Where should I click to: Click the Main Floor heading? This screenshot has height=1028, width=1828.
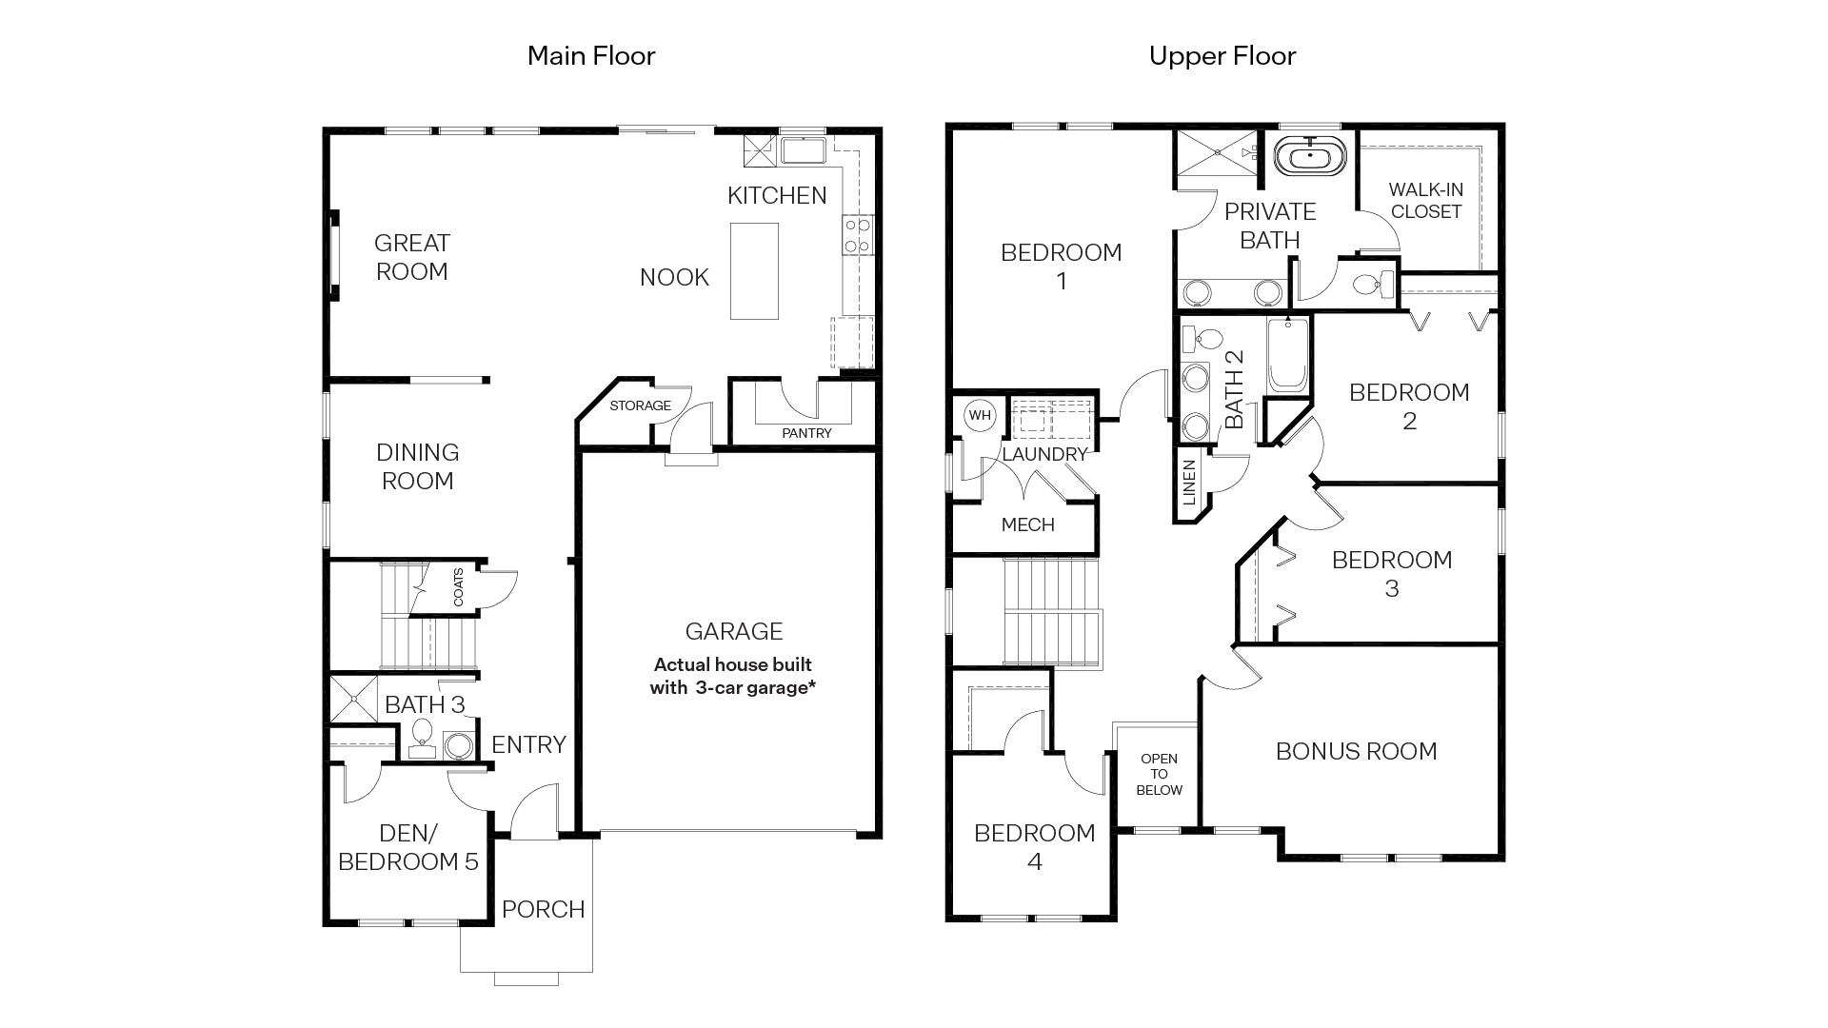(x=591, y=56)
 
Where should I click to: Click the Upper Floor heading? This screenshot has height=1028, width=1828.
(x=1222, y=56)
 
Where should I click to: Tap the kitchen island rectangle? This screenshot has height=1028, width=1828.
(x=754, y=271)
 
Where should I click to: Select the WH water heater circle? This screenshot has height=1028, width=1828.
(x=979, y=415)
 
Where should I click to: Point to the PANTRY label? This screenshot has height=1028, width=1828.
(x=806, y=433)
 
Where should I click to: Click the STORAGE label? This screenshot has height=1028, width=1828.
(x=640, y=405)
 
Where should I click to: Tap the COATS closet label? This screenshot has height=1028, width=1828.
(x=458, y=587)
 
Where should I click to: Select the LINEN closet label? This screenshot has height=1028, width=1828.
(x=1188, y=483)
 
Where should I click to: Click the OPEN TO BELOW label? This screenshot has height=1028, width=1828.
(x=1159, y=774)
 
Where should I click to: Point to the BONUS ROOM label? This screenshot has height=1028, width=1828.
(x=1356, y=751)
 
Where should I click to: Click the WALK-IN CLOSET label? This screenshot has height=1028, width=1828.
(x=1425, y=201)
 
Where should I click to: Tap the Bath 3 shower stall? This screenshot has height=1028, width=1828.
(x=353, y=699)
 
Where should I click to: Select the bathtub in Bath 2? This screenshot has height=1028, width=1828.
(x=1288, y=355)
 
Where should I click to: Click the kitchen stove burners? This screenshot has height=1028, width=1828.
(x=857, y=235)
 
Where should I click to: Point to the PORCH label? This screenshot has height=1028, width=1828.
(x=543, y=909)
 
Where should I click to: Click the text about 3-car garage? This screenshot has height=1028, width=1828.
(x=732, y=676)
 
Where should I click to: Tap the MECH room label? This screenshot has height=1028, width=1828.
(x=1027, y=524)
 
